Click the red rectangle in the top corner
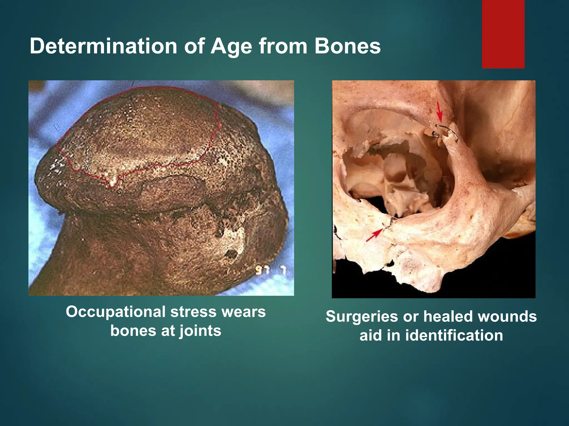[x=503, y=34]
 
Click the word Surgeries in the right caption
[x=362, y=316]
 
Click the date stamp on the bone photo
[x=270, y=270]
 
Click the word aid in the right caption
[x=370, y=335]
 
